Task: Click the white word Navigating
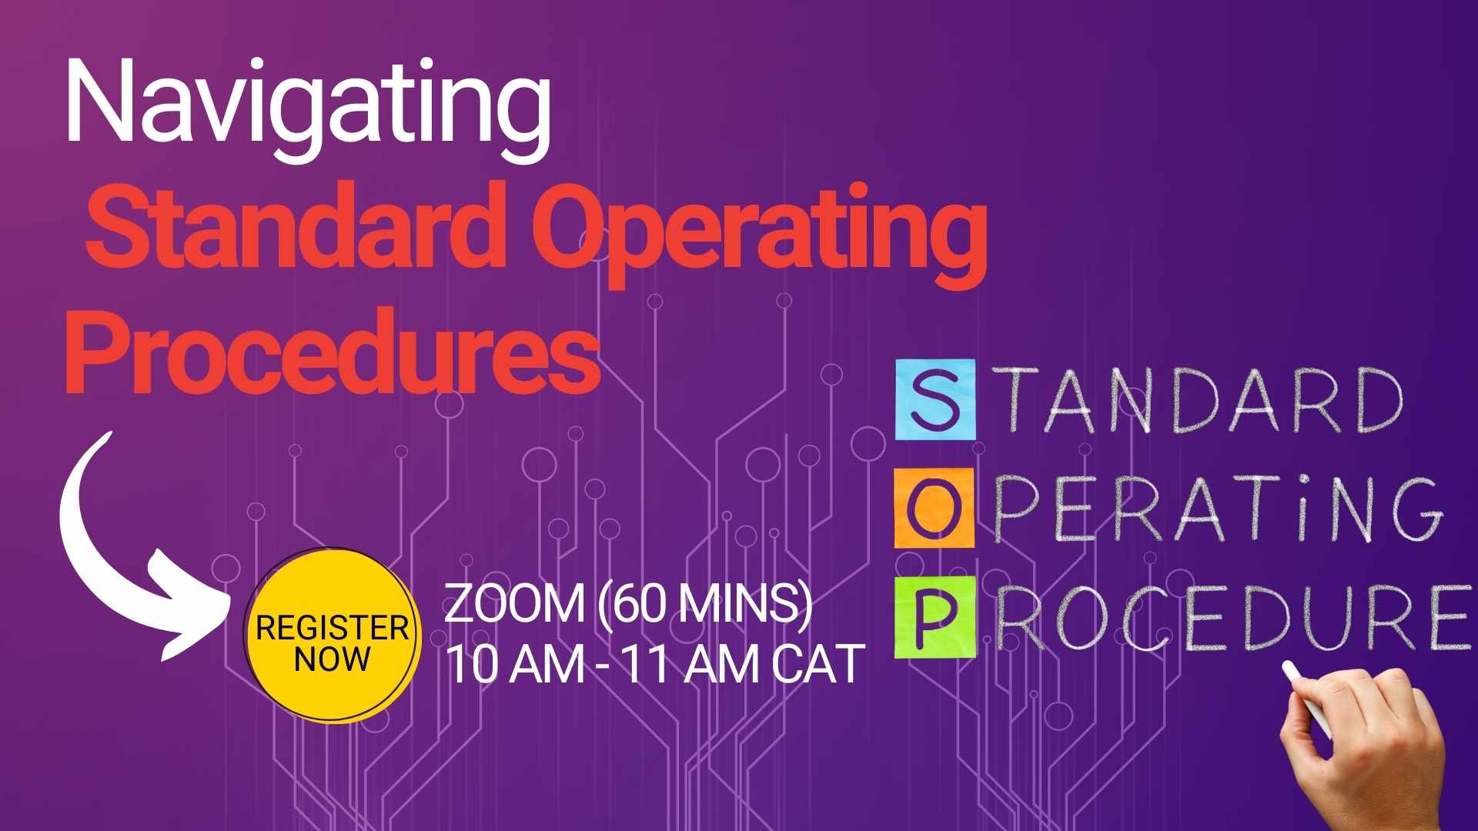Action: coord(308,104)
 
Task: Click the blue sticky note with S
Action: coord(935,400)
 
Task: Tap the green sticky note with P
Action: coord(934,617)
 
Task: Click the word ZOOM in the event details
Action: coord(514,605)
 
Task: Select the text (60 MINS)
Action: coord(704,605)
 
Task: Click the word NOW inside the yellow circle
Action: coord(332,659)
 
